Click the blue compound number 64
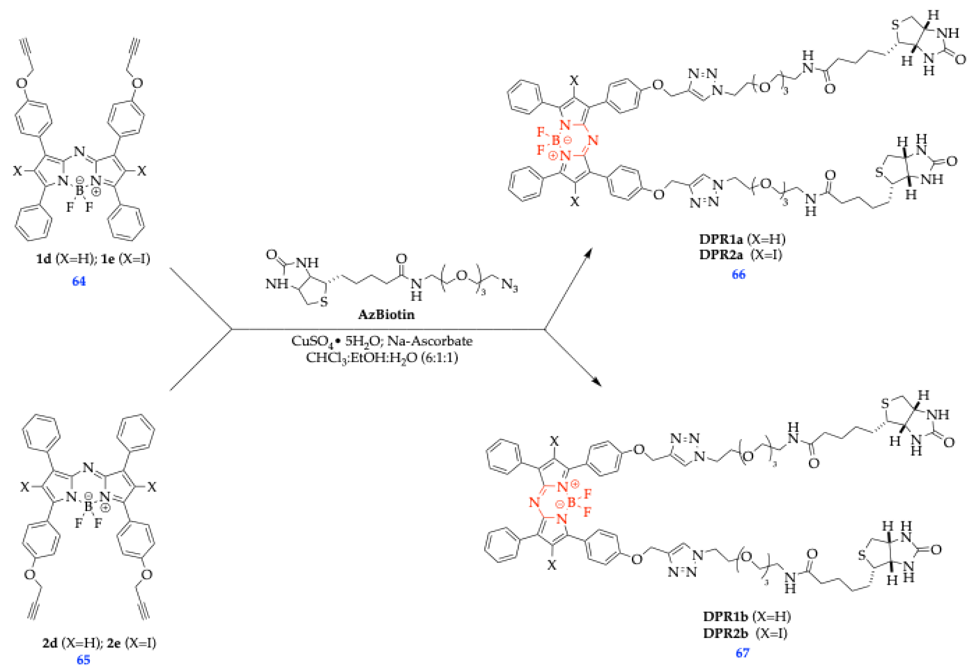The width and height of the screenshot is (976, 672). click(79, 281)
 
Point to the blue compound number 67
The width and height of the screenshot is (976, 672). click(742, 653)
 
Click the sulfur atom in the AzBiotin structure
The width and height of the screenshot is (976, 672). click(324, 301)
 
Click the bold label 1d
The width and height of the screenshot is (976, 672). click(43, 258)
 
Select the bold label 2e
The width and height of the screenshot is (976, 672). click(114, 643)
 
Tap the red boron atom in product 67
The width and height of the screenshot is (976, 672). click(571, 502)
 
